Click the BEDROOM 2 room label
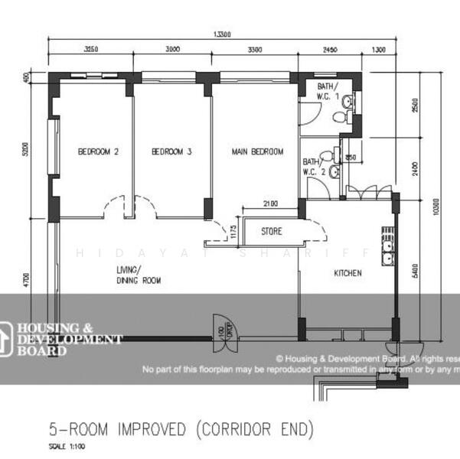(x=98, y=151)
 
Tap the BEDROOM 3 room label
(x=171, y=151)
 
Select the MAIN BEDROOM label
(x=257, y=151)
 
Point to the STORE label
(x=272, y=230)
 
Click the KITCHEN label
(x=347, y=273)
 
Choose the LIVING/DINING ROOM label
(x=139, y=275)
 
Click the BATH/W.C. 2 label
(x=314, y=167)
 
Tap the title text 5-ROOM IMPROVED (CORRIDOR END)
(x=181, y=429)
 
